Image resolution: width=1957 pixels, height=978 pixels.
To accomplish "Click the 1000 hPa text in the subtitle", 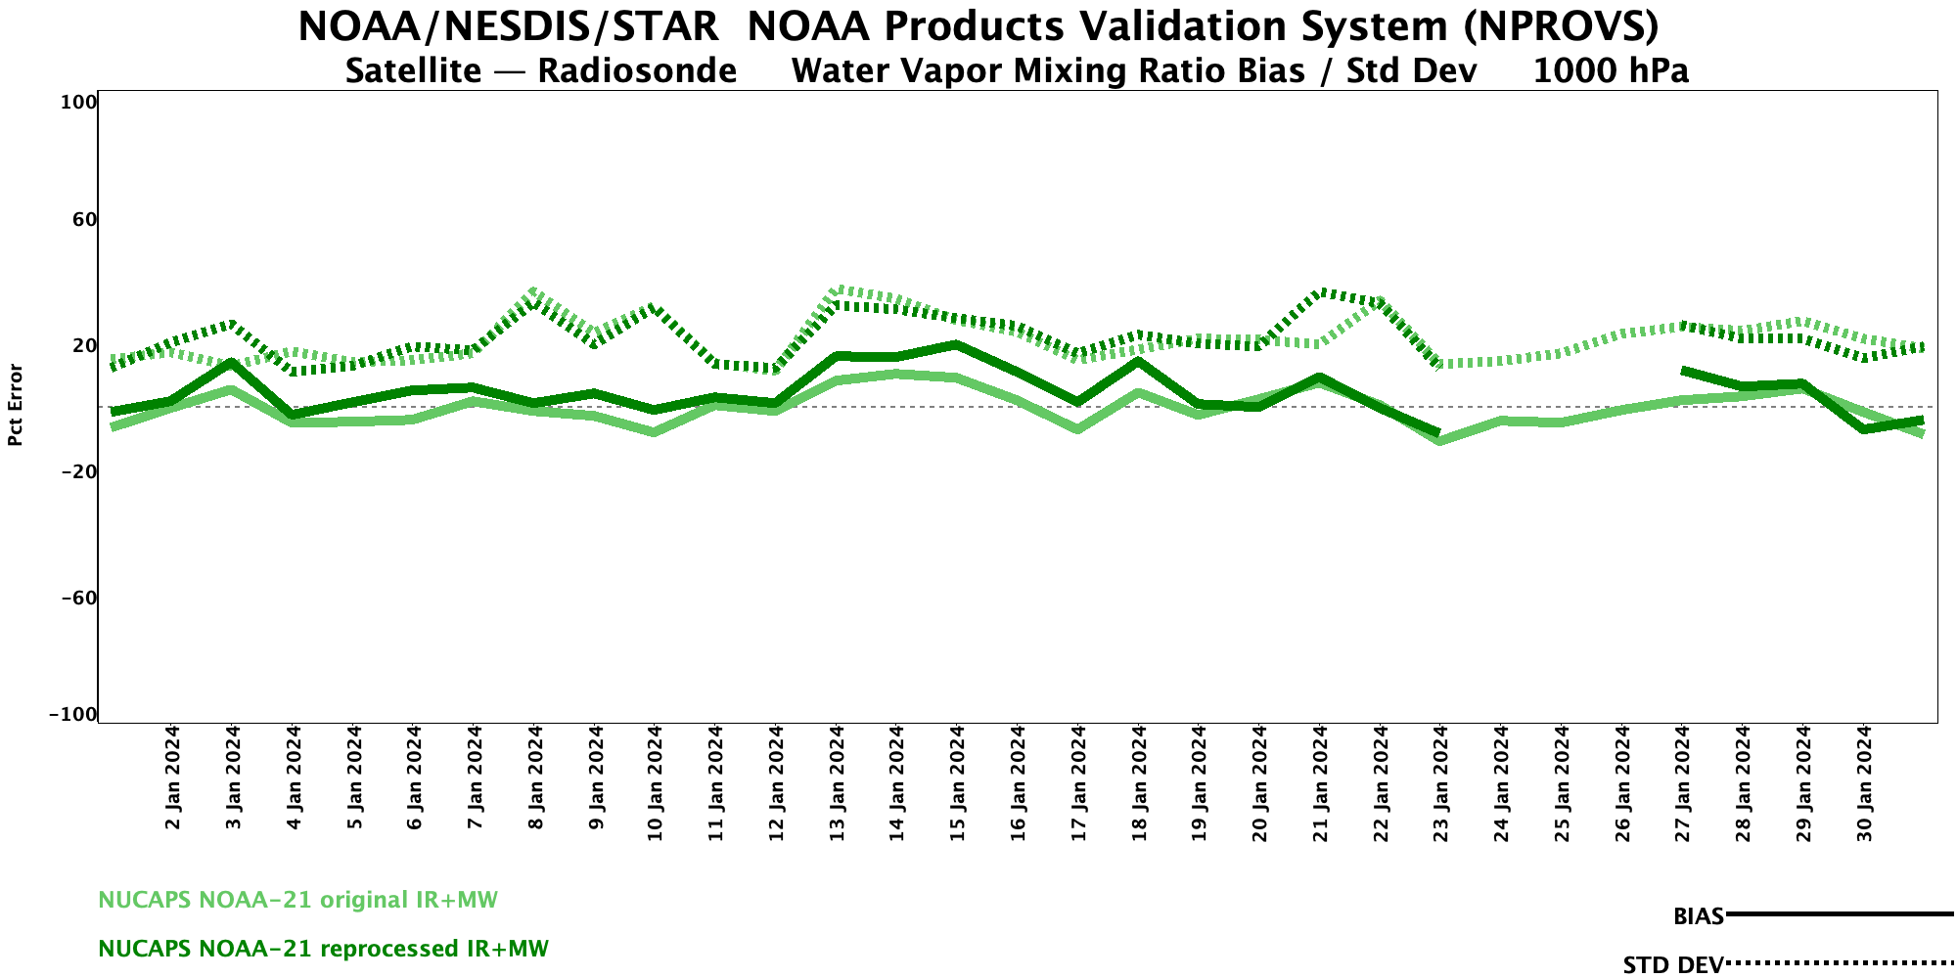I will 1611,71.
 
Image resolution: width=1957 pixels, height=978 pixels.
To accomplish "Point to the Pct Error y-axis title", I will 16,405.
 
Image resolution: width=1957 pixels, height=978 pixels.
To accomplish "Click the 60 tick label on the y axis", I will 84,219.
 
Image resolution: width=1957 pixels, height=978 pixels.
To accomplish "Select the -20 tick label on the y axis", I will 78,471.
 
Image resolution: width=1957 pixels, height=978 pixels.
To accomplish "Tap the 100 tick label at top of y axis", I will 80,102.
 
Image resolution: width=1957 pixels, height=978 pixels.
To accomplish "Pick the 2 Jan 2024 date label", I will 173,778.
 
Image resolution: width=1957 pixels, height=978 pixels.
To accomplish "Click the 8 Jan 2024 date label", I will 535,778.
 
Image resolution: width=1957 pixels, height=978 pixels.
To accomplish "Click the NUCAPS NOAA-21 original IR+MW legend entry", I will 297,900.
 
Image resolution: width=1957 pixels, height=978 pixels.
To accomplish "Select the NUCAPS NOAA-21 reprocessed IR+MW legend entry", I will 323,949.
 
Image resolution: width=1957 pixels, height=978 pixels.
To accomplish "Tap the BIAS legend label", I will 1698,916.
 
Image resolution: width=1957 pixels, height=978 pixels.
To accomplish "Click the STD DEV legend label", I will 1672,965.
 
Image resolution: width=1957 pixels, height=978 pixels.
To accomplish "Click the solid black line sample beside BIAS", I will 1840,914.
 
